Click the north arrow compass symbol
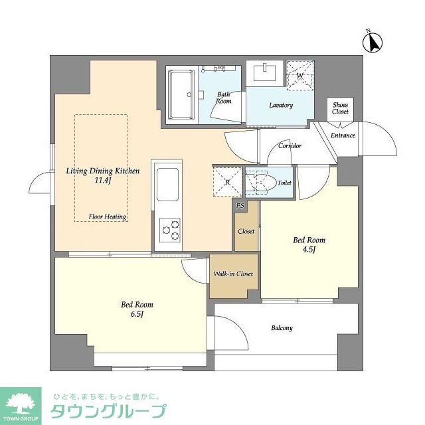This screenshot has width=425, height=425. (373, 42)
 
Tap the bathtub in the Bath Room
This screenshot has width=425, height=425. (179, 94)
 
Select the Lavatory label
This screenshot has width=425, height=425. (281, 105)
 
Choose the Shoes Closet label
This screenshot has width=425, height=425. (341, 108)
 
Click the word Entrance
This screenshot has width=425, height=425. (343, 135)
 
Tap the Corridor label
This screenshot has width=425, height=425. (290, 145)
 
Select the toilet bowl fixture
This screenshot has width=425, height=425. (260, 182)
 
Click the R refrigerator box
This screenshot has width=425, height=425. (227, 181)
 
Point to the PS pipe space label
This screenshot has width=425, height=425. (240, 206)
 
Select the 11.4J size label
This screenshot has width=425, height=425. (102, 180)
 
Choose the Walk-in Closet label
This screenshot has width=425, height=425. (232, 274)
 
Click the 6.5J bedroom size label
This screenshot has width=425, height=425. (133, 314)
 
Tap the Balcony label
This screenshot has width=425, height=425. (282, 328)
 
